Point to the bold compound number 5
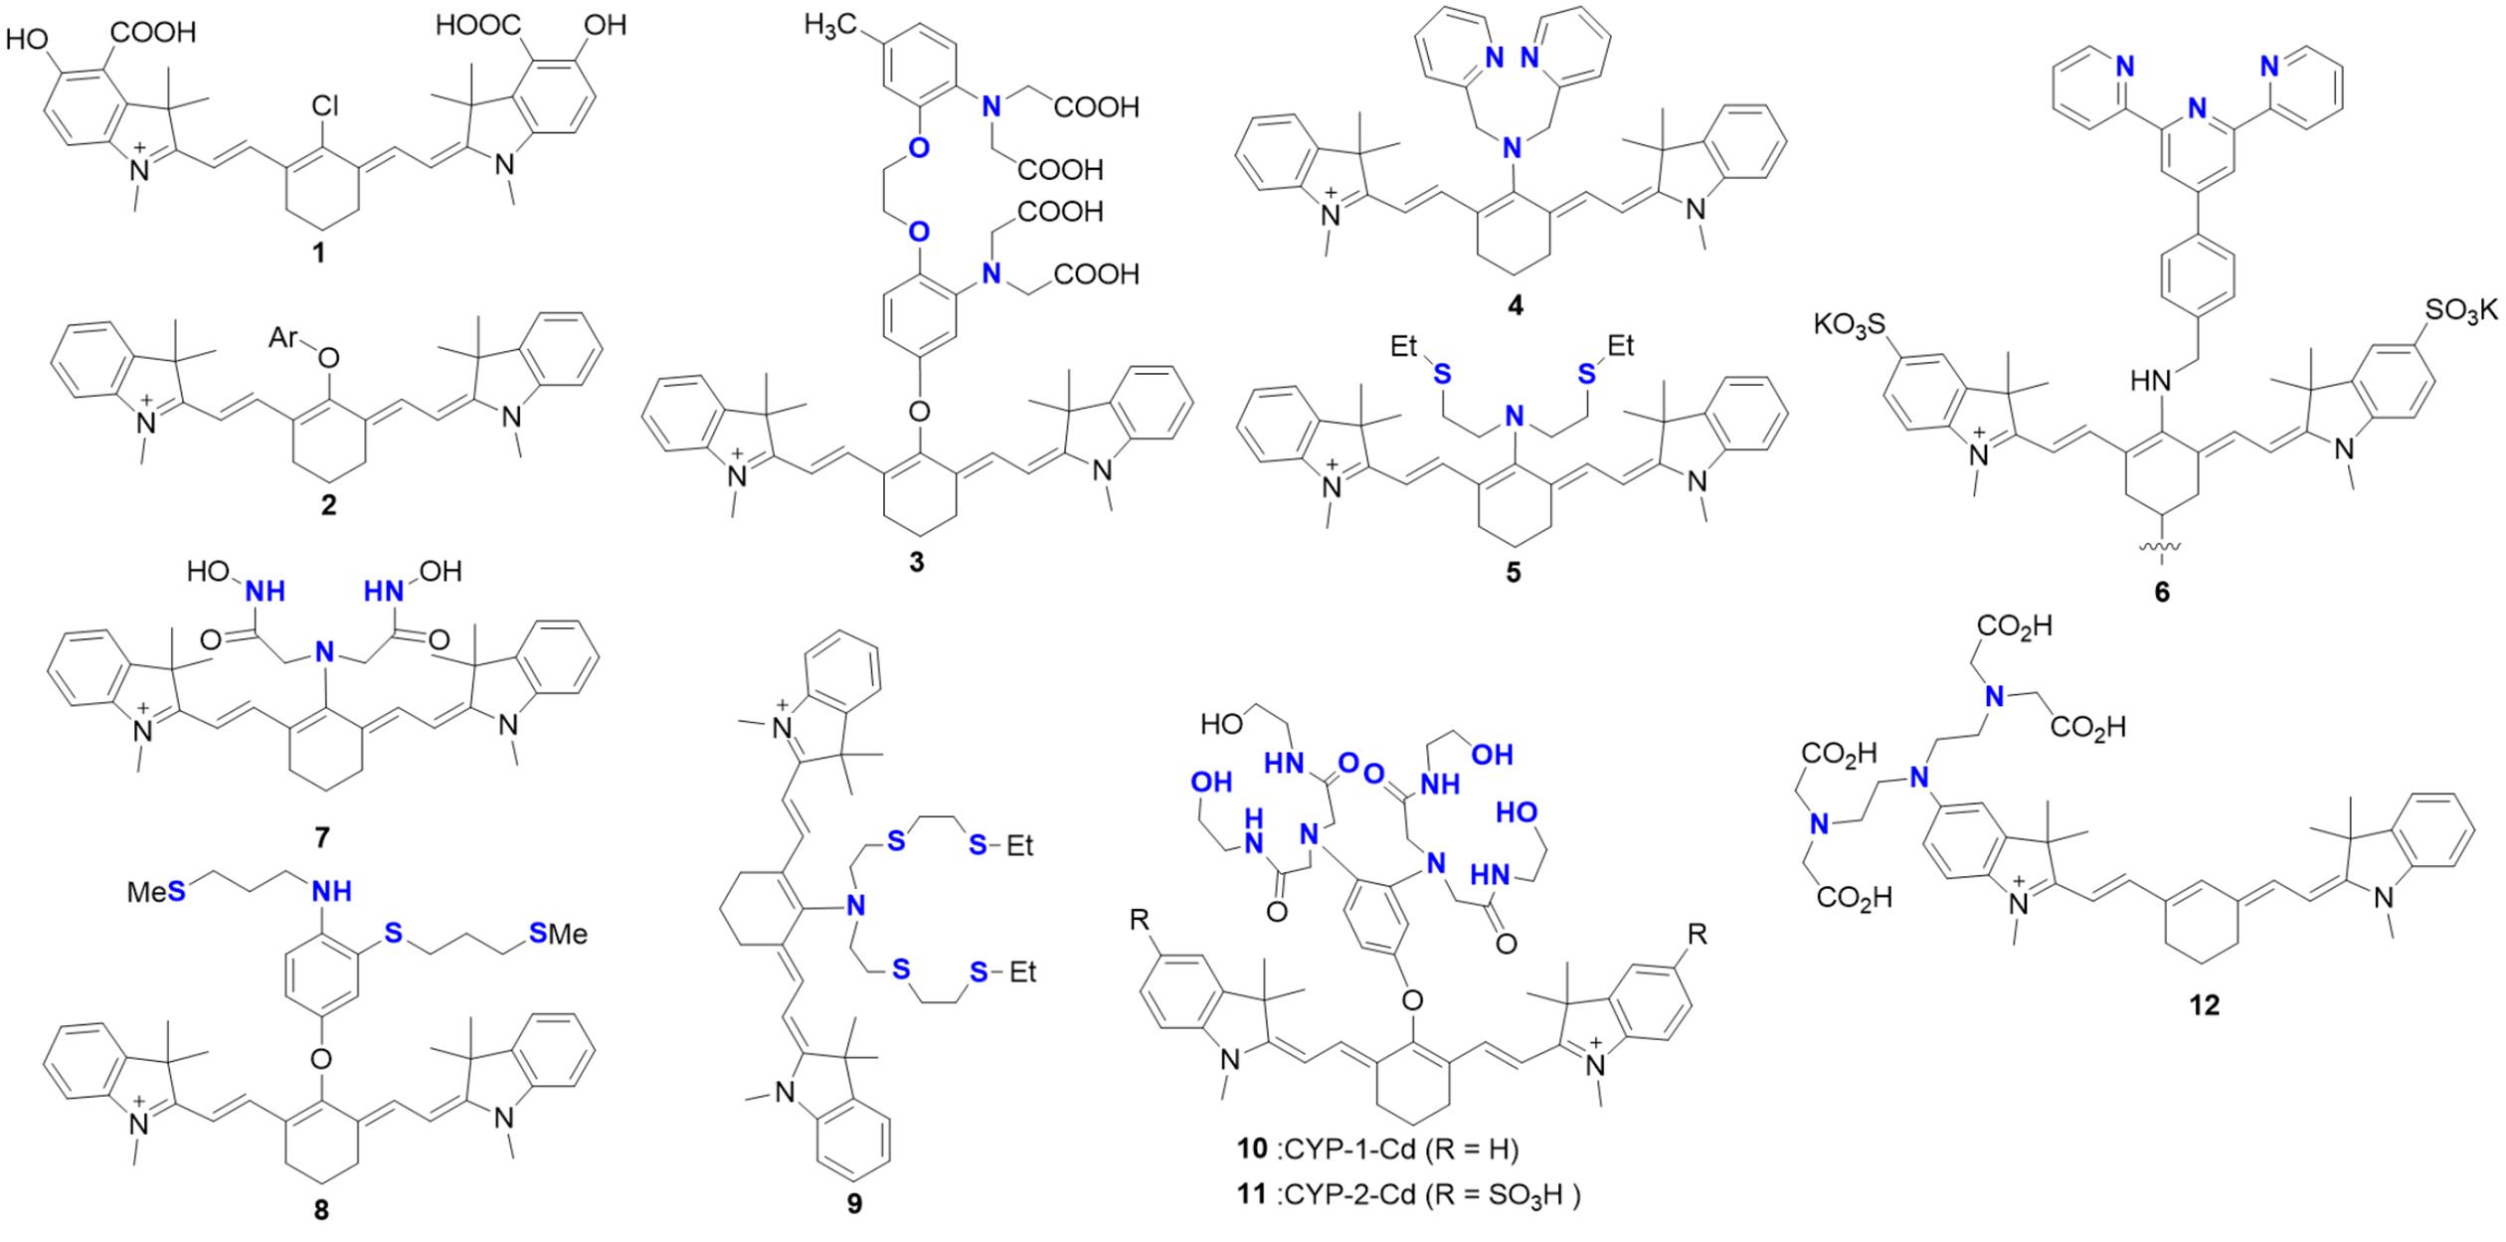pyautogui.click(x=1513, y=575)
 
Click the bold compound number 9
pyautogui.click(x=854, y=1205)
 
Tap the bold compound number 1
pyautogui.click(x=318, y=256)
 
